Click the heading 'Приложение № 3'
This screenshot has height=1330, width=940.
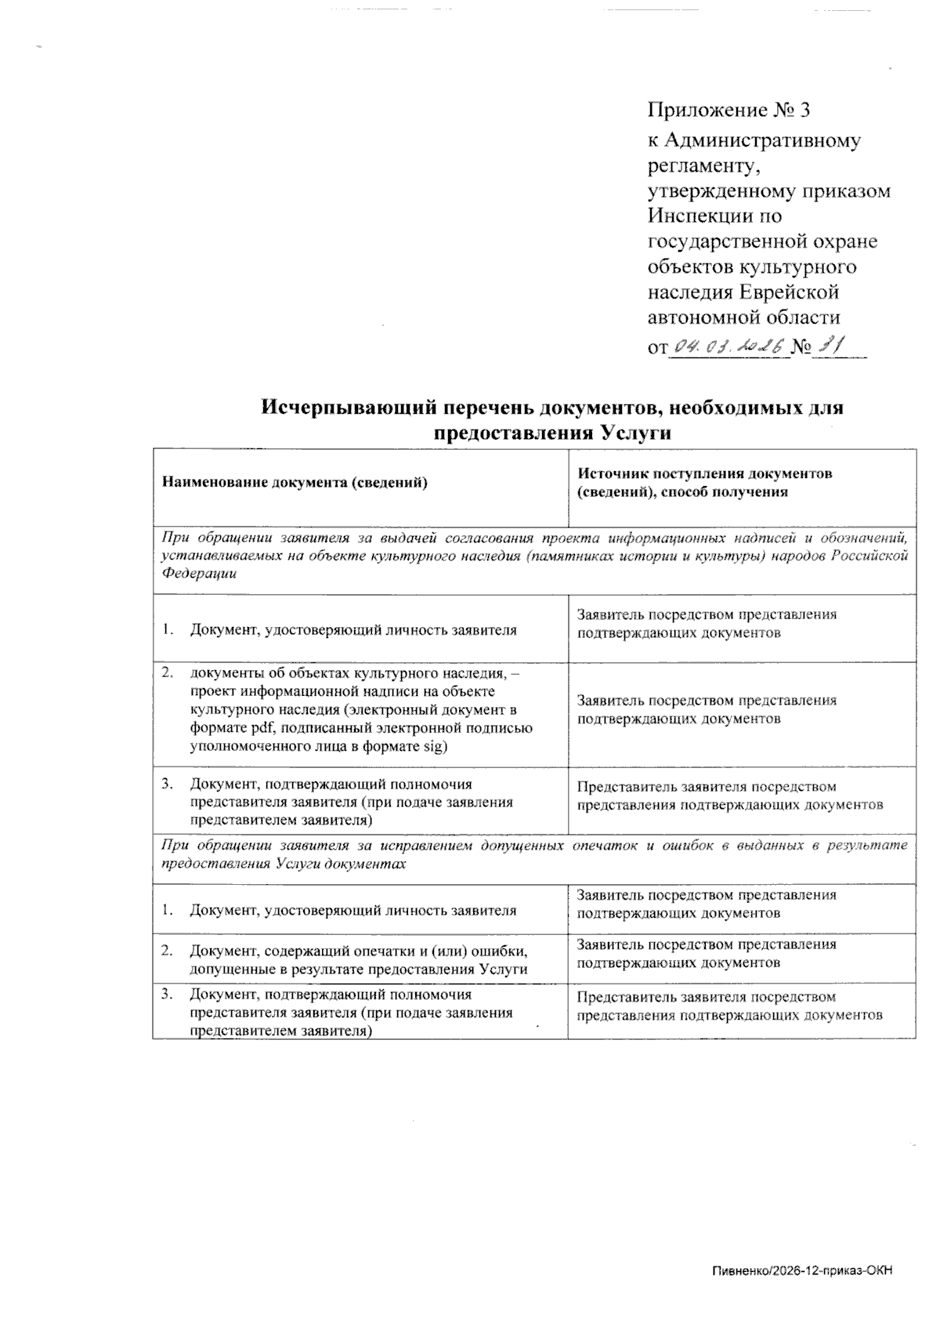pyautogui.click(x=728, y=110)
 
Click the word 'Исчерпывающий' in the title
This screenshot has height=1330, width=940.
pyautogui.click(x=342, y=408)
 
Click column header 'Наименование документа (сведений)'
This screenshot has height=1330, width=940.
pyautogui.click(x=294, y=483)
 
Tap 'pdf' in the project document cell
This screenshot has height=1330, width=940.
pyautogui.click(x=251, y=729)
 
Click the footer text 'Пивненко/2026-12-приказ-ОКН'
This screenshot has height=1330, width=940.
pyautogui.click(x=802, y=1271)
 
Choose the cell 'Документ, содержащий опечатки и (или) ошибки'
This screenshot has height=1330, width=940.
pyautogui.click(x=358, y=951)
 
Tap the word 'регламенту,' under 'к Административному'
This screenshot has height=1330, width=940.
pyautogui.click(x=703, y=166)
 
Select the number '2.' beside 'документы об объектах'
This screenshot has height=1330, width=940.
pyautogui.click(x=167, y=672)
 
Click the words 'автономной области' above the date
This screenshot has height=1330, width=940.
pyautogui.click(x=743, y=318)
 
